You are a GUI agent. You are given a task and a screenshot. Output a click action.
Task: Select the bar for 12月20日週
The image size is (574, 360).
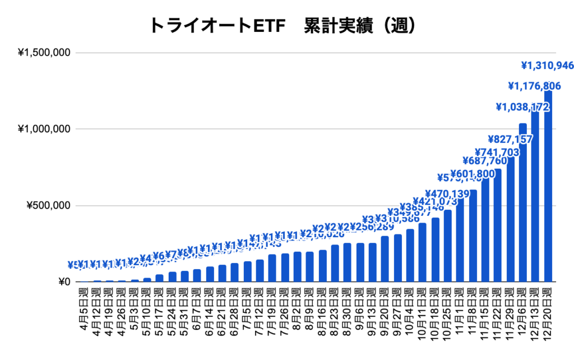pos(548,185)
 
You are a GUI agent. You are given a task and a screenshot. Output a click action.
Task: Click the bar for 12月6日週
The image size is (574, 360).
pos(522,202)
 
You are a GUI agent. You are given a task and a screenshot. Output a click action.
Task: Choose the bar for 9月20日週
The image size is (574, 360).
pos(385,259)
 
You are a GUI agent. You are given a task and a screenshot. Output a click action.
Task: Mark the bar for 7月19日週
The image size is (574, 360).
pos(272,268)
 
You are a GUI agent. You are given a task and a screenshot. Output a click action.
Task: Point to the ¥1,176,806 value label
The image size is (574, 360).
pos(534,86)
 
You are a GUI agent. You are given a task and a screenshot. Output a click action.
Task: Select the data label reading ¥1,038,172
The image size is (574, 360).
pos(522,106)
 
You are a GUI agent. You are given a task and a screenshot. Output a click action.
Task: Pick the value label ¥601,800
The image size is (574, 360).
pos(473,174)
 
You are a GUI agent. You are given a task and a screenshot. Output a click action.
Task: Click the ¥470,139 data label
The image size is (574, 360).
pos(447,194)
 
